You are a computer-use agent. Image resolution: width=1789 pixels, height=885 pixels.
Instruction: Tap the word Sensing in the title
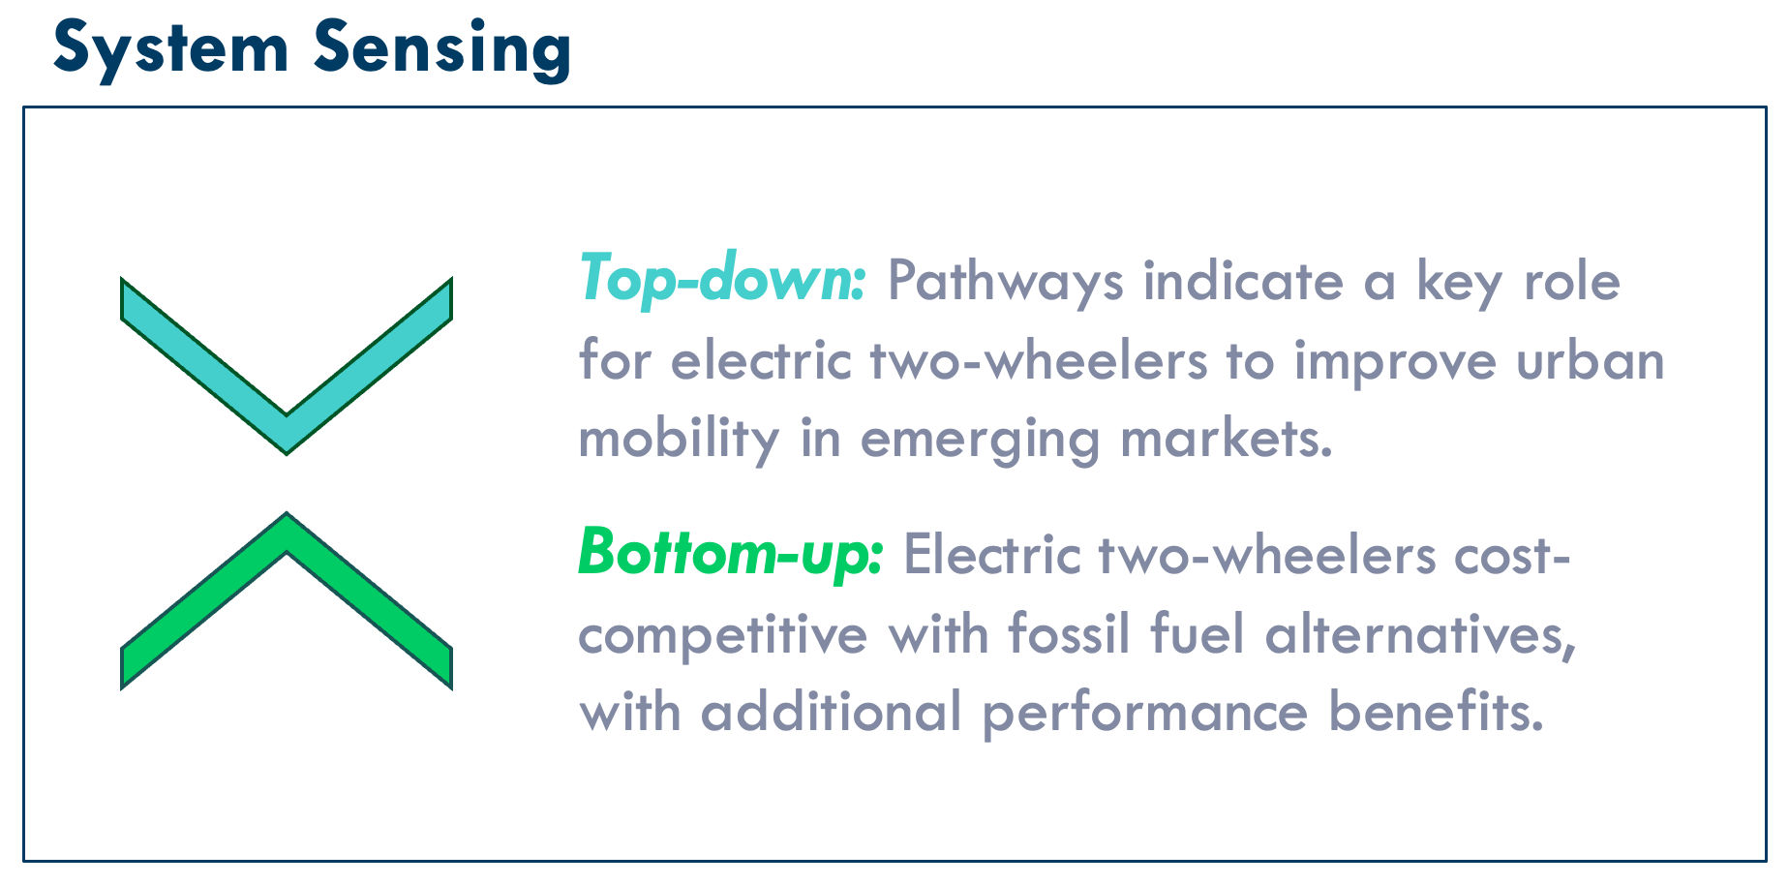click(x=441, y=48)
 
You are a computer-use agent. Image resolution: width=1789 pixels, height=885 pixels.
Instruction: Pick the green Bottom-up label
click(x=731, y=553)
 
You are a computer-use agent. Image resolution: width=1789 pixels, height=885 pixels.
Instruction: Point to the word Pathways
click(x=1006, y=283)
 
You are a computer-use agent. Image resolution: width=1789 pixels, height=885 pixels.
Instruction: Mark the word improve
click(x=1395, y=363)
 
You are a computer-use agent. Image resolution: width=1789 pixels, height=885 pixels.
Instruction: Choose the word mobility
click(x=679, y=440)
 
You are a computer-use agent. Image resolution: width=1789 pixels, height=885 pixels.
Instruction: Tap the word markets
click(x=1227, y=438)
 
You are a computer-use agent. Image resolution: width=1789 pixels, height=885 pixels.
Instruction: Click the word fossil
click(x=1069, y=634)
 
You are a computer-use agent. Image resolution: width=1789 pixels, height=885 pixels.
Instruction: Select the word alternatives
click(x=1421, y=635)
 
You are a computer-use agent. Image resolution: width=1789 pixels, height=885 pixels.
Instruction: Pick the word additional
click(x=832, y=712)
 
